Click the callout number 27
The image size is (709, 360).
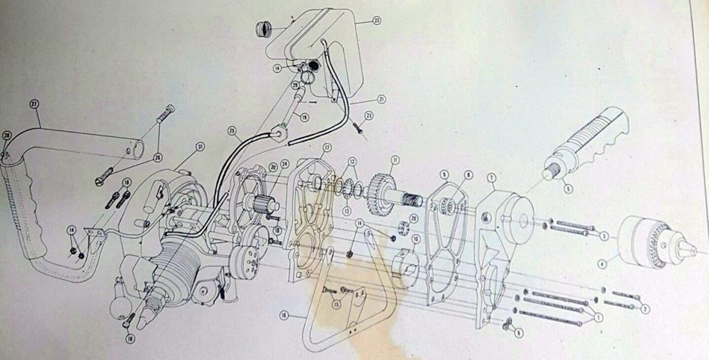[34, 105]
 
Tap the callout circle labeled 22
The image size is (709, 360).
[377, 21]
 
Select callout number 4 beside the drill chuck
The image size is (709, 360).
[602, 264]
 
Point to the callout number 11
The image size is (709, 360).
[395, 160]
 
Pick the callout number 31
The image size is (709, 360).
[200, 146]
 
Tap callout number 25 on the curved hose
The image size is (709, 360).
[231, 130]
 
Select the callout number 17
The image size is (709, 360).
[327, 148]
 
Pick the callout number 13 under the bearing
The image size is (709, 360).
[347, 209]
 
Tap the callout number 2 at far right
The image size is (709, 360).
[645, 308]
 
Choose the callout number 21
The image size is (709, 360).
[381, 99]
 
